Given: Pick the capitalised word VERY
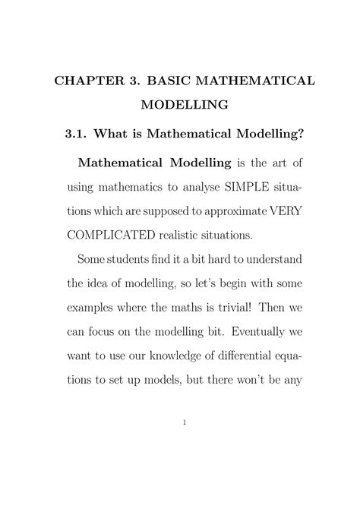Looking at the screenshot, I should pyautogui.click(x=285, y=213).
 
